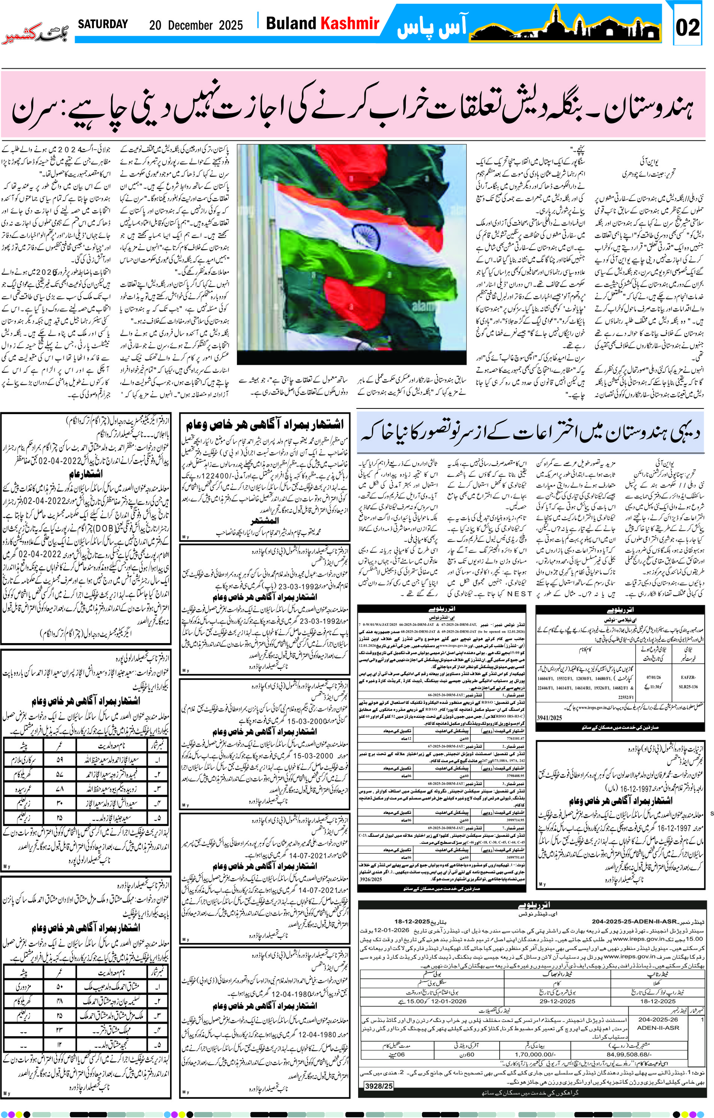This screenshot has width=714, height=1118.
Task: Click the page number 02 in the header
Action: coord(688,27)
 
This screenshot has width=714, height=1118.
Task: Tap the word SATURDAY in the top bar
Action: coord(102,24)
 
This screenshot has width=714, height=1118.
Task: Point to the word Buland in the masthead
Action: coord(291,23)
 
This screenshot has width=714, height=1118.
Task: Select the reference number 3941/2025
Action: coord(550,717)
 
